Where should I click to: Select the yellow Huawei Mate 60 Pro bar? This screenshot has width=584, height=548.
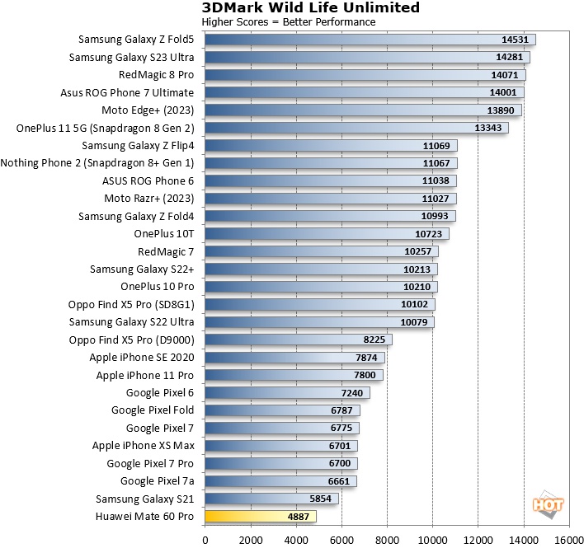pyautogui.click(x=260, y=517)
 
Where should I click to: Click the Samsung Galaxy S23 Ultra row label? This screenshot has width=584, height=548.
pyautogui.click(x=131, y=57)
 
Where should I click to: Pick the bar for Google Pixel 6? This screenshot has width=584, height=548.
pyautogui.click(x=287, y=393)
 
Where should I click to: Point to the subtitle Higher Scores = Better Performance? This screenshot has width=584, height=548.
pyautogui.click(x=289, y=22)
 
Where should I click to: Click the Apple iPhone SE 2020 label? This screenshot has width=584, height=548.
pyautogui.click(x=142, y=358)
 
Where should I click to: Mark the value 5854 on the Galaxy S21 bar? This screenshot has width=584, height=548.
pyautogui.click(x=319, y=499)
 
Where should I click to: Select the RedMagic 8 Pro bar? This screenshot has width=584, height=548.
pyautogui.click(x=365, y=75)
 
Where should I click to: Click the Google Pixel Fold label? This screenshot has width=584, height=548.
pyautogui.click(x=153, y=410)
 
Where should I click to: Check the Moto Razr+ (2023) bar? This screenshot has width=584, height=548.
pyautogui.click(x=330, y=199)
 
